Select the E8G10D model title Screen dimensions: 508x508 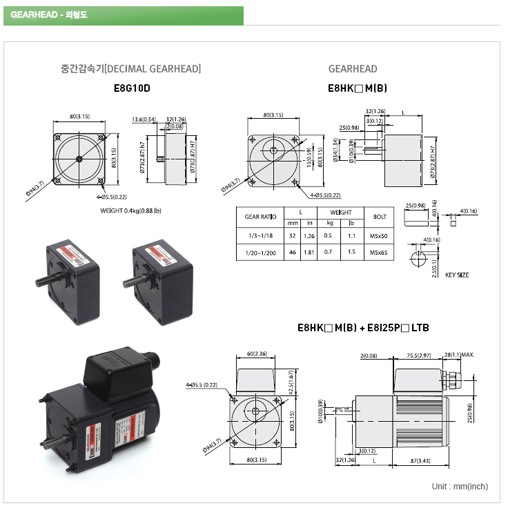tap(131, 88)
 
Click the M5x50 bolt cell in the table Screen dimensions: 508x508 tap(379, 235)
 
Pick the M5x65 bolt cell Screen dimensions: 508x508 tap(379, 253)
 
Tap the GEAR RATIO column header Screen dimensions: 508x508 tap(261, 217)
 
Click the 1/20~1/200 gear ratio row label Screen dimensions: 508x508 tap(261, 253)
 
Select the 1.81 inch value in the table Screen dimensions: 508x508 tap(309, 253)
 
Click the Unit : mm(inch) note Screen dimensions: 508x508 tap(460, 487)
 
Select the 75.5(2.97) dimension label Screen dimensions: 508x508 tap(418, 356)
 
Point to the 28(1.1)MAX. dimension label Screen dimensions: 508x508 tap(460, 356)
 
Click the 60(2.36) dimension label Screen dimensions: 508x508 tap(257, 355)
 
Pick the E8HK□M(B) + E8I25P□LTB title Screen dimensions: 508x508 tap(362, 327)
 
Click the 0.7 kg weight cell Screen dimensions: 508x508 tap(329, 253)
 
